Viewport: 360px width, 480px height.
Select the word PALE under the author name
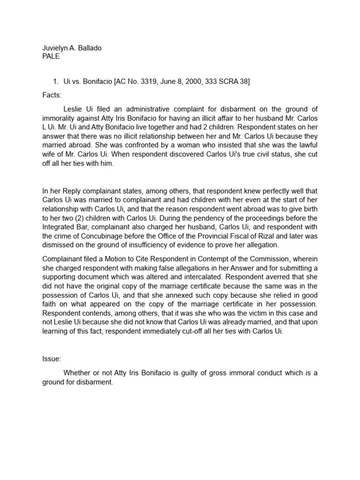(x=51, y=57)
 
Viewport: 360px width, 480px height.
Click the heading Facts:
(x=52, y=95)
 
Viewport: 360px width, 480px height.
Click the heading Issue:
(x=52, y=359)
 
